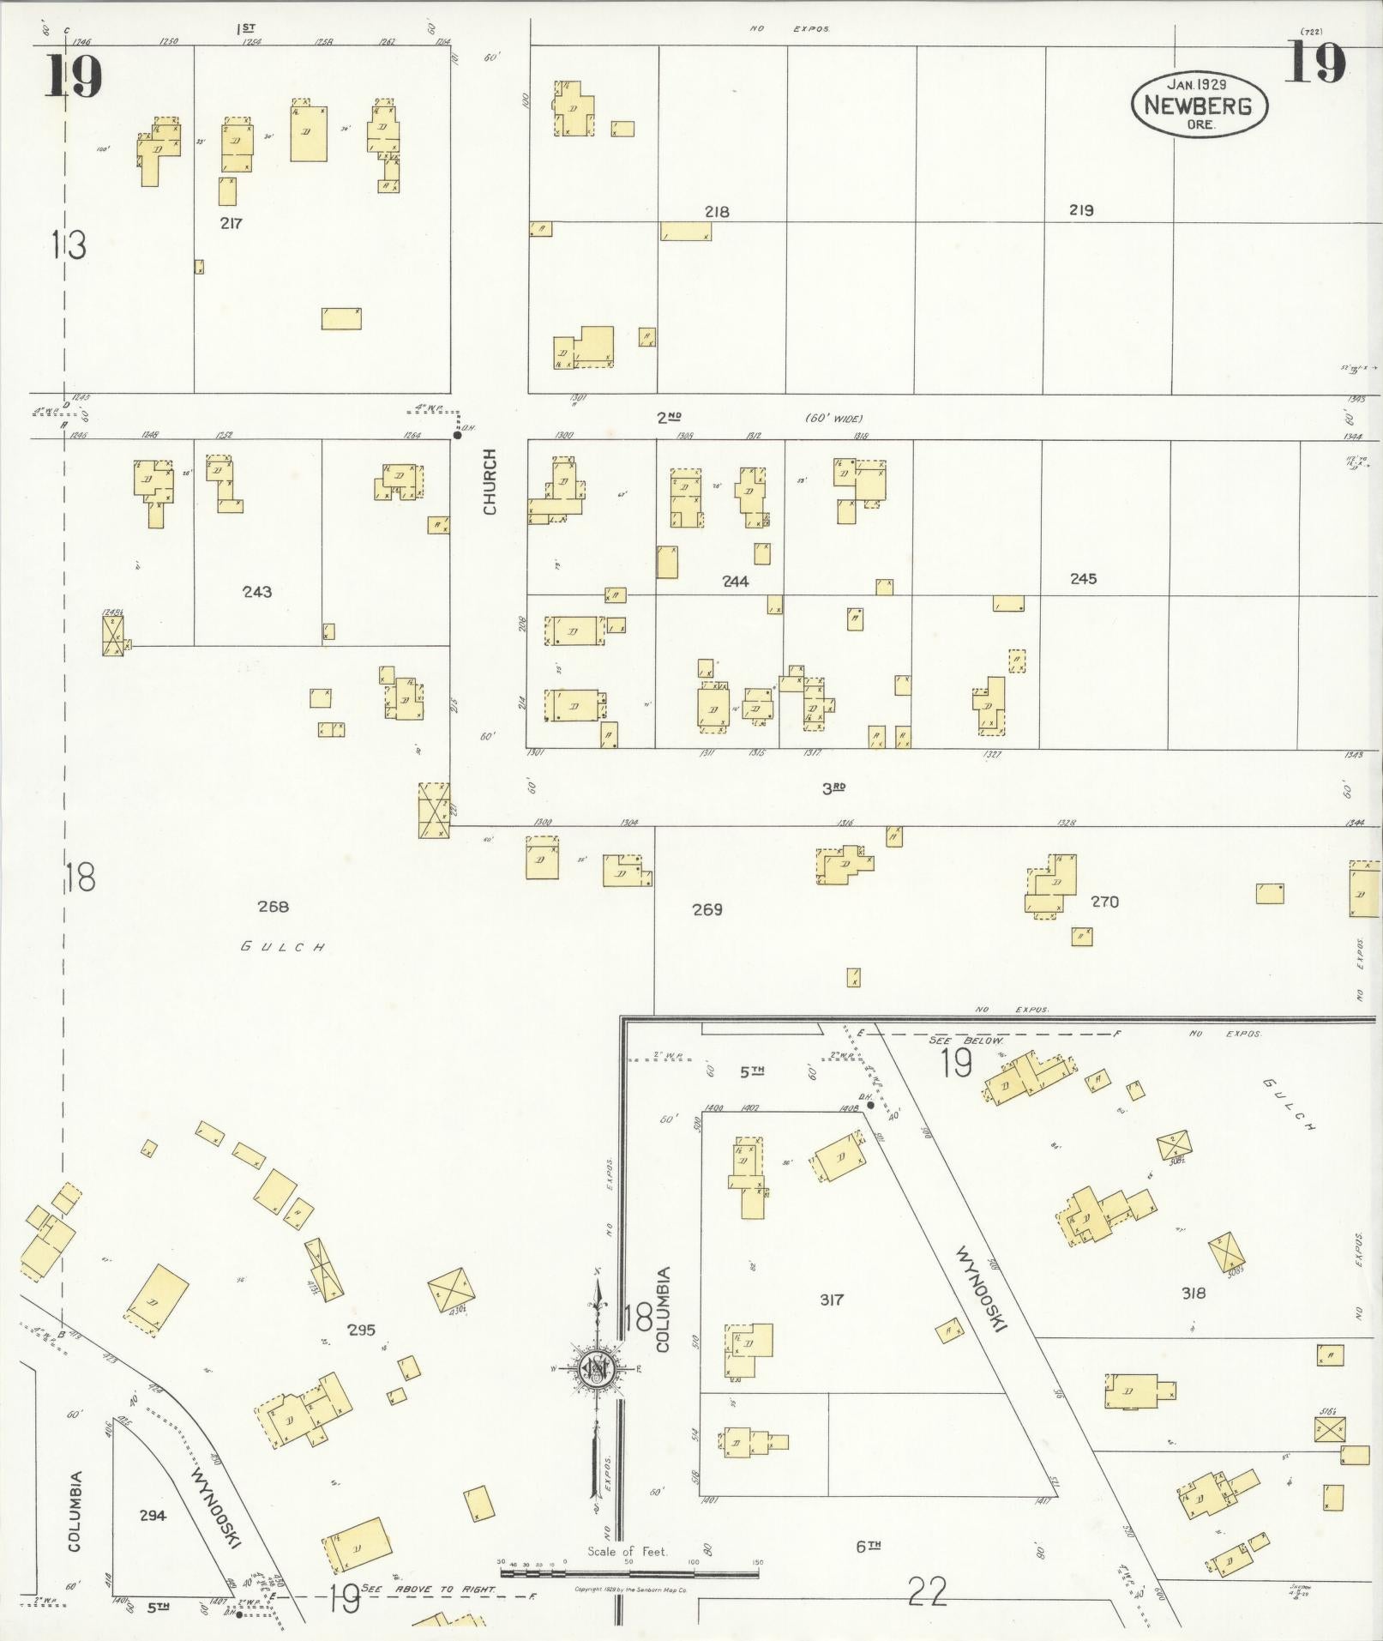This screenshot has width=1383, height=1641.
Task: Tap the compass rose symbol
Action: click(593, 1370)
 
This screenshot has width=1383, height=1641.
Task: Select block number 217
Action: click(231, 223)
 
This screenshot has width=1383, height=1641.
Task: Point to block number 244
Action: click(735, 581)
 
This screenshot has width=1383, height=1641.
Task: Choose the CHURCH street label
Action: click(490, 493)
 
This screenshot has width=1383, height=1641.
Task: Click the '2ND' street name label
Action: click(669, 418)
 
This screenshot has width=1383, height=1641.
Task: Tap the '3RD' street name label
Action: click(833, 787)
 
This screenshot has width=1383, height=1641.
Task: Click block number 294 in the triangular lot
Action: click(153, 1516)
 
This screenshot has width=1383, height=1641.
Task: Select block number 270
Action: click(1104, 902)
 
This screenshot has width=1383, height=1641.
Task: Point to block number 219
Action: click(1081, 209)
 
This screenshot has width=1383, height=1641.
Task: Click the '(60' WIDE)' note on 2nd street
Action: click(833, 419)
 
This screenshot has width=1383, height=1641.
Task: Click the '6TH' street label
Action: click(868, 1546)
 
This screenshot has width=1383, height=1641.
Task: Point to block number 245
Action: click(1083, 579)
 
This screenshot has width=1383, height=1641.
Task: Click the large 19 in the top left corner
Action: click(74, 77)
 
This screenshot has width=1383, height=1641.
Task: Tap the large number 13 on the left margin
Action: click(68, 245)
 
